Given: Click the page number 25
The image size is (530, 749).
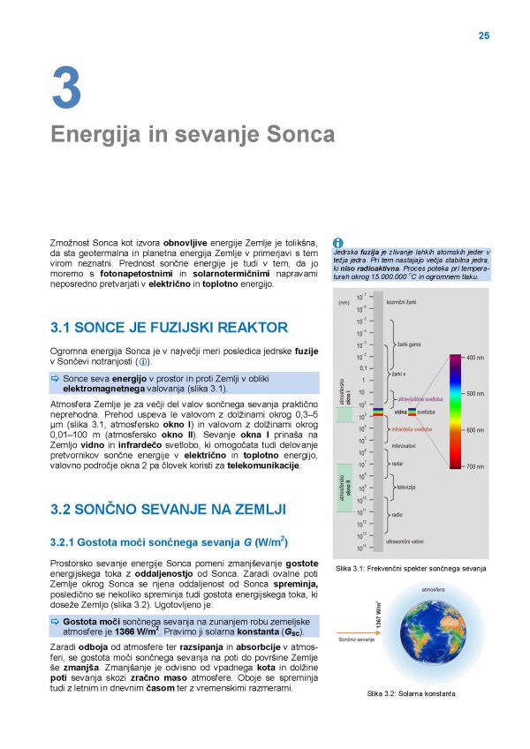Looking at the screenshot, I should pos(483,35).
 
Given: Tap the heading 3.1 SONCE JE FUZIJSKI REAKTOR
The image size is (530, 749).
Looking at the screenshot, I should pos(170,328).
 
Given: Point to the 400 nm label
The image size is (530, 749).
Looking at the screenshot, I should pos(474,358).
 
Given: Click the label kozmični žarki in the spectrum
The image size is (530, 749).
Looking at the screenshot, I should pos(406,302).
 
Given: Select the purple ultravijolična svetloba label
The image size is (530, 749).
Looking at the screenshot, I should pos(419,399).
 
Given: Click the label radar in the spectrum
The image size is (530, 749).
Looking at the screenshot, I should pos(398,463).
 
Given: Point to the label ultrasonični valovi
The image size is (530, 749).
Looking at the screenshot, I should pos(411,541).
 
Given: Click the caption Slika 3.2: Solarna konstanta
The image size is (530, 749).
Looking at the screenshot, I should pos(412,693).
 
